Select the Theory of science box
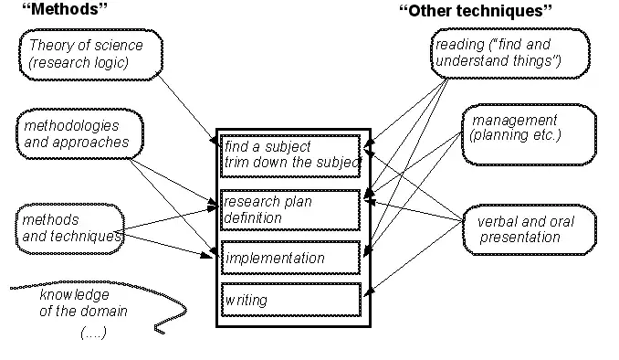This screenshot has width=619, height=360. click(x=91, y=53)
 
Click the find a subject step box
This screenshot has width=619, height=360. click(x=291, y=155)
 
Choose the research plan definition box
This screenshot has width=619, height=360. click(x=291, y=209)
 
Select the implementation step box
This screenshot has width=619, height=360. click(x=291, y=259)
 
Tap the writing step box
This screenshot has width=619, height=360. click(x=291, y=300)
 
